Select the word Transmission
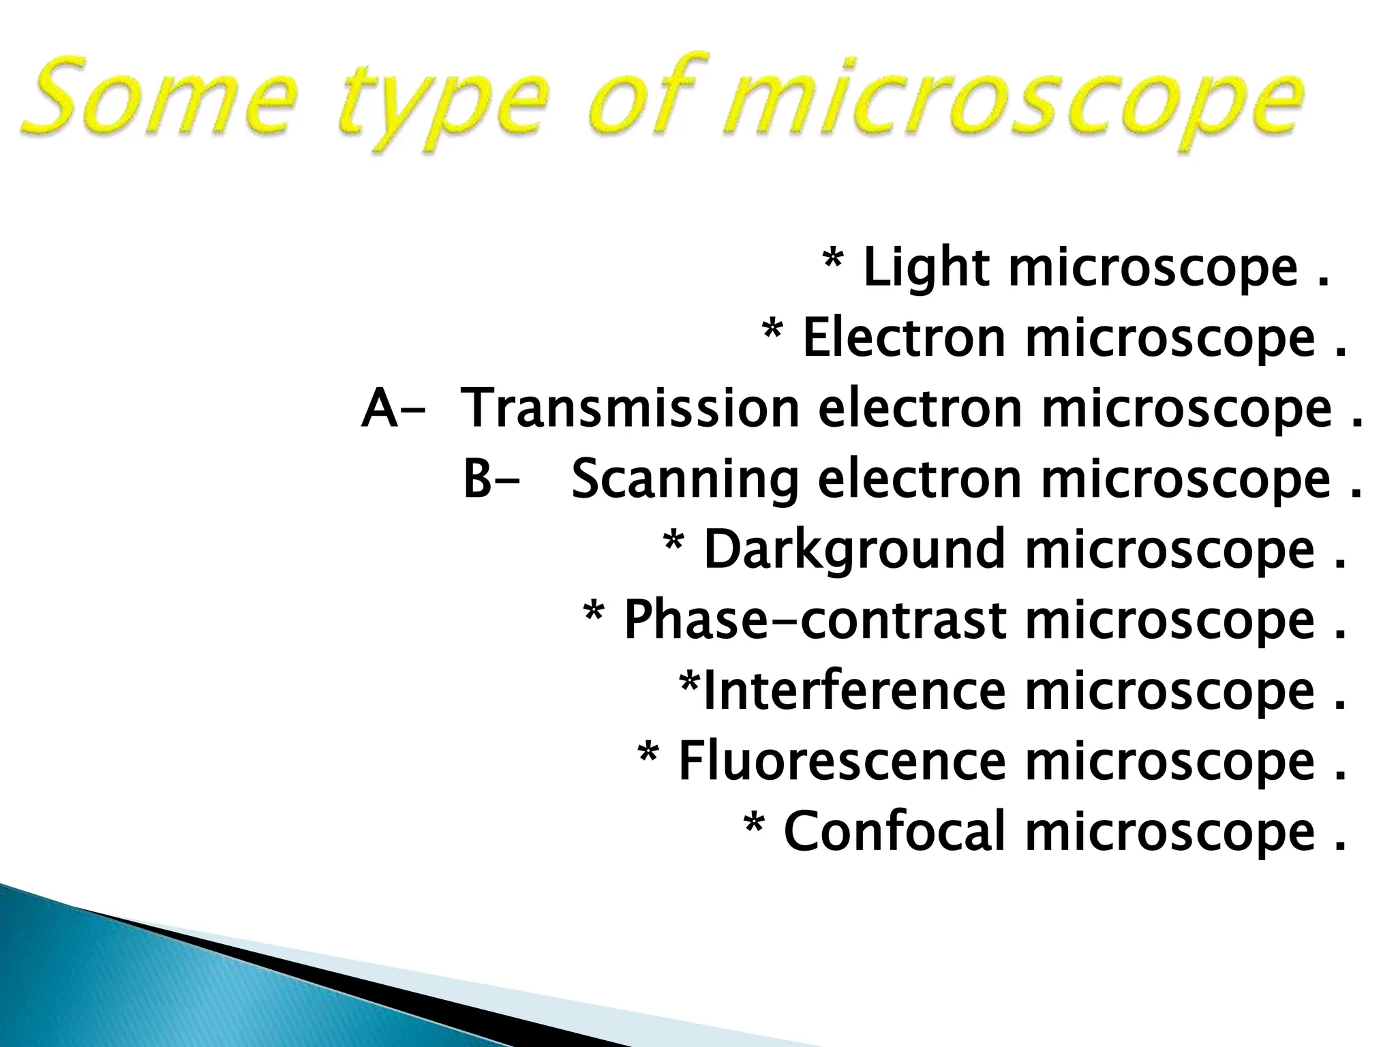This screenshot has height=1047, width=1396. point(630,409)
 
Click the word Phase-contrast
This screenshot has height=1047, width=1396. point(815,621)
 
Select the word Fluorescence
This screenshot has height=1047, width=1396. point(841,762)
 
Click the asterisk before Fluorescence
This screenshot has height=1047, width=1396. point(648,755)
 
